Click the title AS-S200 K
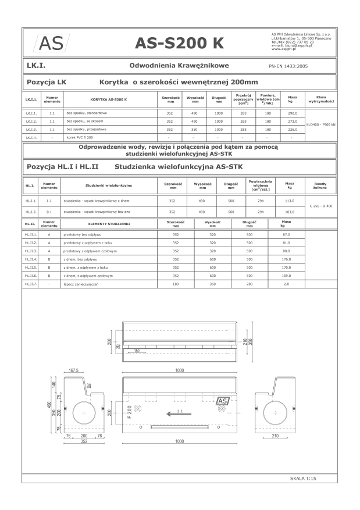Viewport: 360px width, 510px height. click(179, 43)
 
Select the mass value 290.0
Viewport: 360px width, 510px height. click(292, 113)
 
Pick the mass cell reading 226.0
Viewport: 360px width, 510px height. click(292, 129)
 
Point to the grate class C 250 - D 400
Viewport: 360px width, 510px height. click(321, 206)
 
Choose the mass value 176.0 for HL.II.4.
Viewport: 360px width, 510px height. click(286, 259)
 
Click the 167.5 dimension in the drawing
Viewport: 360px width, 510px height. click(73, 370)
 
